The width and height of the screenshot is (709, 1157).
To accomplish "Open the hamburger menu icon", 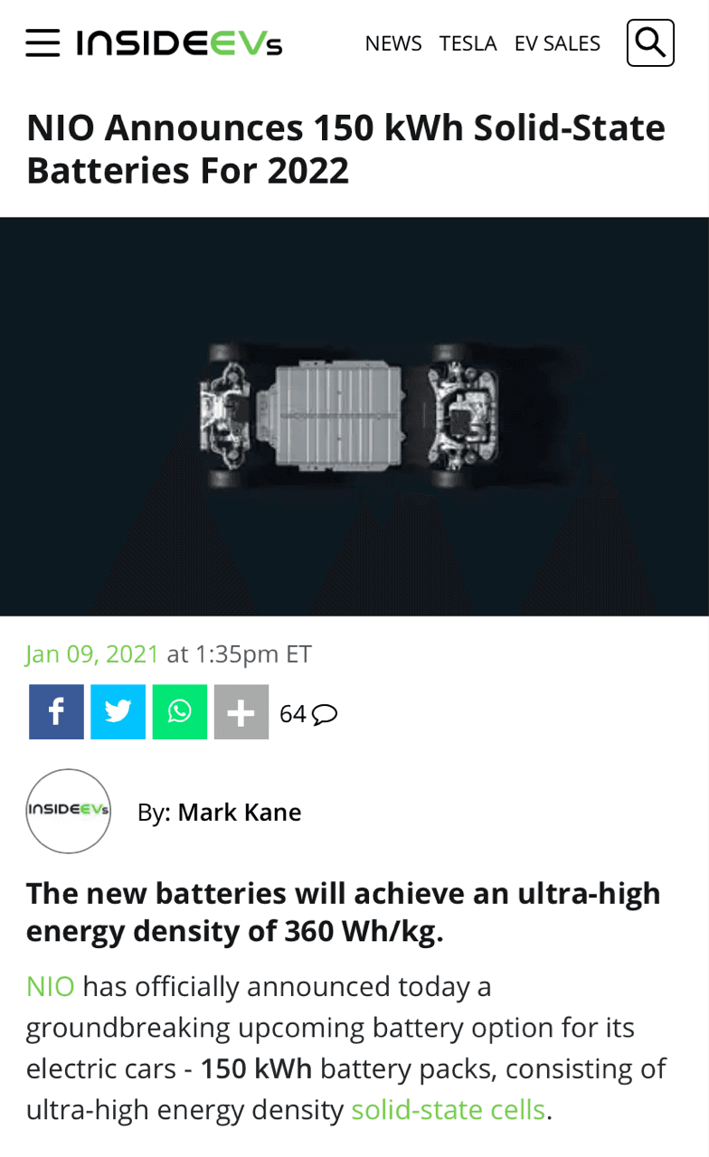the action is tap(43, 42).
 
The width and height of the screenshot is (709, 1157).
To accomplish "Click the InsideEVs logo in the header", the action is tap(179, 42).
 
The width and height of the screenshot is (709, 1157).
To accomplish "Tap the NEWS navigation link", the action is tap(393, 43).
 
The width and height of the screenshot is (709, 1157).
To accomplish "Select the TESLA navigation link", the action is tap(468, 43).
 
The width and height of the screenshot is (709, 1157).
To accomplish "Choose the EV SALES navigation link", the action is tap(557, 43).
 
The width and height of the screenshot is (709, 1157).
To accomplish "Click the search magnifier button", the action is tap(650, 42).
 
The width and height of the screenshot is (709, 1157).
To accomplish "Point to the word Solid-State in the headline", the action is tap(570, 127).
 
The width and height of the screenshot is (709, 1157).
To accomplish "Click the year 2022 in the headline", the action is tap(308, 171).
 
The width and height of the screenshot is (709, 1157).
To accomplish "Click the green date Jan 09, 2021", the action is tap(92, 654).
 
